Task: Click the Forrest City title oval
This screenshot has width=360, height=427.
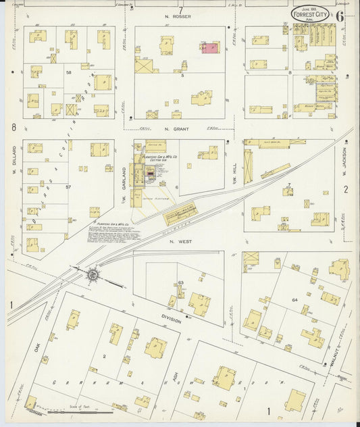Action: pos(311,13)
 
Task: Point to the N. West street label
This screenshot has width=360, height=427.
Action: pos(181,241)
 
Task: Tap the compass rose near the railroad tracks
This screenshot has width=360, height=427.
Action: pos(93,274)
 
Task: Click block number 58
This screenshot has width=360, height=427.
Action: pos(68,72)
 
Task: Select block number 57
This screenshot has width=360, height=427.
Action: pos(68,186)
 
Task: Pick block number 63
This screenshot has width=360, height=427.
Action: pos(180,282)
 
